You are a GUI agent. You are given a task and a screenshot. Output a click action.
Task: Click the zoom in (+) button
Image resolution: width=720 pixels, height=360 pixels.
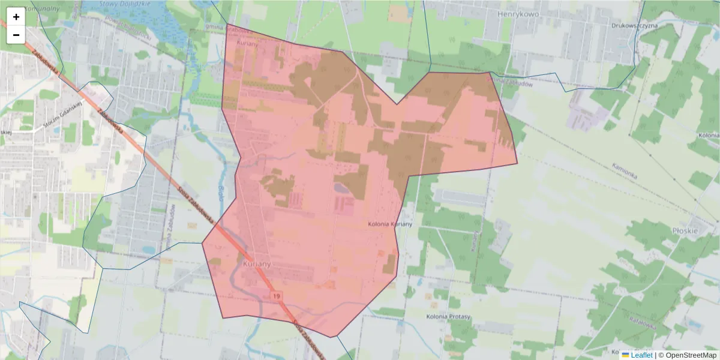coord(16,17)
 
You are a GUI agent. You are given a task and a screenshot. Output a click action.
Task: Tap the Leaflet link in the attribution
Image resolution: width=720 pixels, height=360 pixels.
coord(641,355)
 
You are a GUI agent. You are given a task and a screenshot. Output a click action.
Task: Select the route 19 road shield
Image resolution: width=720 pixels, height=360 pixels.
coord(276,296)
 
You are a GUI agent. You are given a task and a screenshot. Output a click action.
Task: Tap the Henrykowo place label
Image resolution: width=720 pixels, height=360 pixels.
coord(520,13)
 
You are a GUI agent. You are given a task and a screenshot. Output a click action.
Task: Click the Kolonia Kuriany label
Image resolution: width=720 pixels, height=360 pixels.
coord(389,224)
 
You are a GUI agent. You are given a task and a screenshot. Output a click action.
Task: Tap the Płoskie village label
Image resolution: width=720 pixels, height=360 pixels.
coord(685,230)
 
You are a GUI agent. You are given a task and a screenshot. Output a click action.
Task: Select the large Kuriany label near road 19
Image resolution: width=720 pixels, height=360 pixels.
coord(257,263)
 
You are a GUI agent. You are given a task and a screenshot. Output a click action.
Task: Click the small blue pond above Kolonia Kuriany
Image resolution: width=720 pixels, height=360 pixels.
coord(340,188)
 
